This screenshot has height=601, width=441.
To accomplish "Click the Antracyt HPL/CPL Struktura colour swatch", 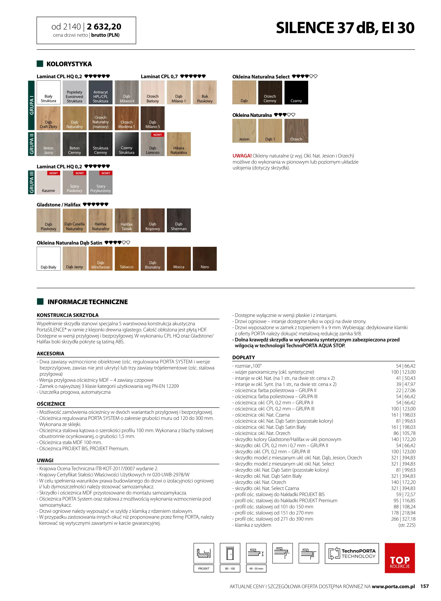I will (x=100, y=92).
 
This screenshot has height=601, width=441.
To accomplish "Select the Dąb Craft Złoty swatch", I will (x=48, y=118).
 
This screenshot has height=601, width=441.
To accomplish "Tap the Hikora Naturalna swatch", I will (x=179, y=144).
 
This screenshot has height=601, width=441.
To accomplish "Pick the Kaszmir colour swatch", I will (x=48, y=183).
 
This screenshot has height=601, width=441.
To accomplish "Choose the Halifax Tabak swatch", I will (x=126, y=220).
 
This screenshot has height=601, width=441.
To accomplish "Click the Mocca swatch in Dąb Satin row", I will (x=179, y=259).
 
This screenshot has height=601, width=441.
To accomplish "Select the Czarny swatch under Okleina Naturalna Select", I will (x=296, y=93).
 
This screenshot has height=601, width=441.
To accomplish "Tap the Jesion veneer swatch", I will (x=244, y=131).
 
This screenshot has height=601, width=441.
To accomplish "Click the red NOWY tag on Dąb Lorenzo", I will (x=157, y=135).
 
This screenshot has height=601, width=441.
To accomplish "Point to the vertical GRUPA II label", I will (x=31, y=144).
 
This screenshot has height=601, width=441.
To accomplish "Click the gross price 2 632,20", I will (x=104, y=27).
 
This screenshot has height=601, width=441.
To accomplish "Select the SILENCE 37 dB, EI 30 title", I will (x=345, y=28).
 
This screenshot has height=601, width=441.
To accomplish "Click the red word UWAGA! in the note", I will (x=242, y=156).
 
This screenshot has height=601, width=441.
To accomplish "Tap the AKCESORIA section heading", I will (x=50, y=354).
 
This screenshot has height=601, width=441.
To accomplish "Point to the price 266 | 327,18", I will (x=403, y=519).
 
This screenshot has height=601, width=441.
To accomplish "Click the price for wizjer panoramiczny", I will (x=403, y=372).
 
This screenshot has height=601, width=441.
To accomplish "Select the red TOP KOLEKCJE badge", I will (x=399, y=558).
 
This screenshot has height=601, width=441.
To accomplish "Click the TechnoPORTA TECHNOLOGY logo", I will (x=352, y=553).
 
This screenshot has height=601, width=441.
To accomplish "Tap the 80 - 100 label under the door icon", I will (x=230, y=568).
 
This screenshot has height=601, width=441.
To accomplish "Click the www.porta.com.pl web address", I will (x=393, y=587).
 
